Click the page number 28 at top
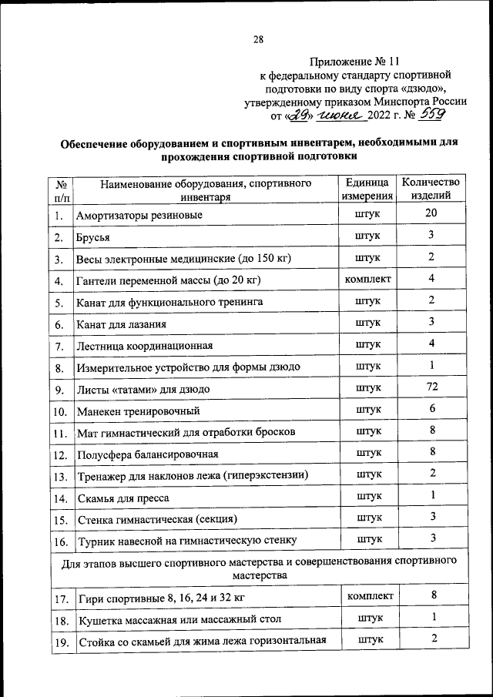258,39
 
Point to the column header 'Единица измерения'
367,189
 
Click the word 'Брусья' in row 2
93,236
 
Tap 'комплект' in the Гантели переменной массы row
367,278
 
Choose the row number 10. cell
61,410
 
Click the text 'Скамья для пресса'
122,498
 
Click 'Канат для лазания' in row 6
121,323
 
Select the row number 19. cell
61,642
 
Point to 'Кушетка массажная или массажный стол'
179,618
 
